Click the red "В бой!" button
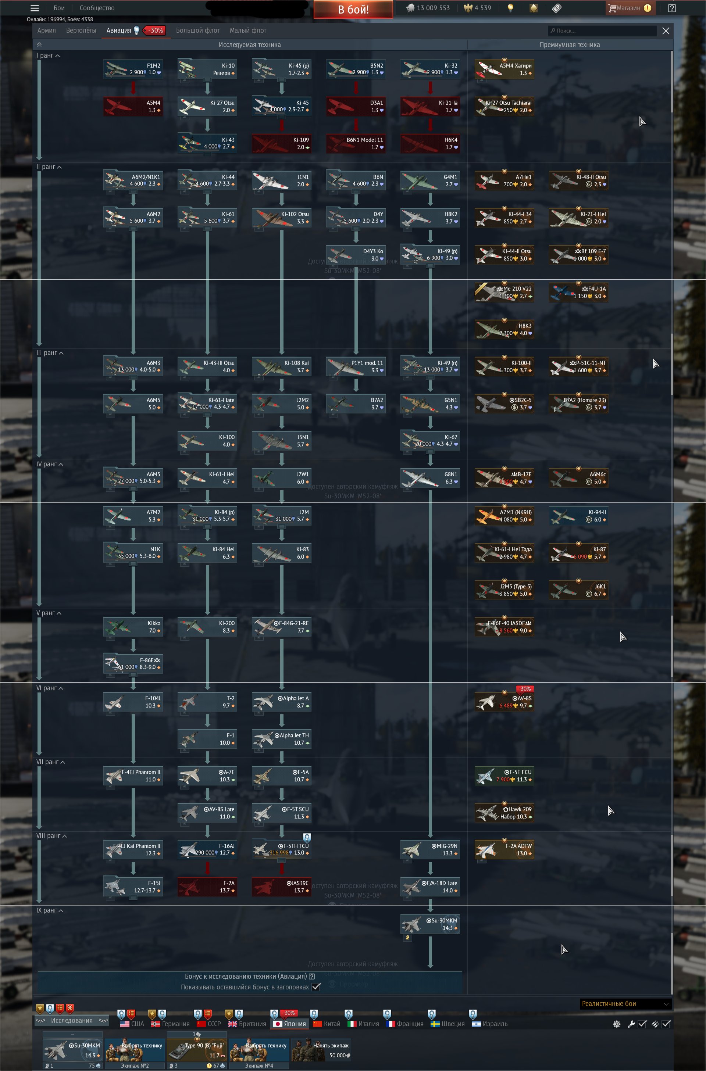click(353, 9)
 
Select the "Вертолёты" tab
click(81, 31)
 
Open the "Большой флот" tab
click(198, 31)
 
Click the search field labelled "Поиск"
click(602, 31)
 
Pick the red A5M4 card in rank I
click(133, 107)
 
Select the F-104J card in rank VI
click(133, 702)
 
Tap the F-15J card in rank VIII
click(133, 886)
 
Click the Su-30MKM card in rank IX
click(430, 924)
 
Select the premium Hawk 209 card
click(504, 813)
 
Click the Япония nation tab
click(290, 1024)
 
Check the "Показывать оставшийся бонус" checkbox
click(316, 987)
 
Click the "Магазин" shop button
click(630, 8)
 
